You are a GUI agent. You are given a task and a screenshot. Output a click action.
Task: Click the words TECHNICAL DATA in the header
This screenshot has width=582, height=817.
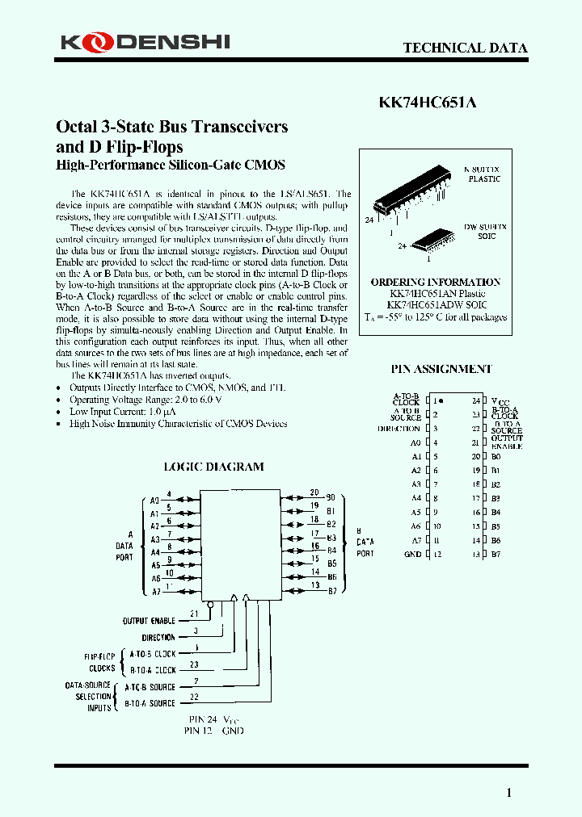[x=465, y=48]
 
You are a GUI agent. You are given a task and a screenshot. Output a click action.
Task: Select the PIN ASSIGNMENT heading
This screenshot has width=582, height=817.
[x=441, y=369]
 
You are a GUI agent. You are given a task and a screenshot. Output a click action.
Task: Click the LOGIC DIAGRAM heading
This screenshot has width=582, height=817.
[x=213, y=467]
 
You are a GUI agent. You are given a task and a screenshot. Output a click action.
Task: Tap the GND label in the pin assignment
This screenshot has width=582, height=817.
[x=412, y=554]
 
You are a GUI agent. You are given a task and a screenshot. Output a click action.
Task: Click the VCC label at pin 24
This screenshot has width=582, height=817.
[x=502, y=401]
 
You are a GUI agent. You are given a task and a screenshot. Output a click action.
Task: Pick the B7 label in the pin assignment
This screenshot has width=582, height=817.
[x=496, y=554]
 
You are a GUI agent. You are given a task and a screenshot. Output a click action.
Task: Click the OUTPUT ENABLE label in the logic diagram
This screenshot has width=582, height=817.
[x=149, y=621]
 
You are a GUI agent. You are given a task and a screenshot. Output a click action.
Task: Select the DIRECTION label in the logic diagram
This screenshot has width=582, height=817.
[x=158, y=638]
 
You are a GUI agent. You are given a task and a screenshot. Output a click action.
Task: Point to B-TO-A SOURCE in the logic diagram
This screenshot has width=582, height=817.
[x=150, y=703]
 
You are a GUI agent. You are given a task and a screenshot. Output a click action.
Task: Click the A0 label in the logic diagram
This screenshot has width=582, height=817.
[x=154, y=501]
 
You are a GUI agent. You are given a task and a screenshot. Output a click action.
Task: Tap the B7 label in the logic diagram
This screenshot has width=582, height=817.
[x=331, y=591]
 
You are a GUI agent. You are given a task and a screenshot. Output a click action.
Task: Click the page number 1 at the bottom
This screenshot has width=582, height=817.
[x=508, y=793]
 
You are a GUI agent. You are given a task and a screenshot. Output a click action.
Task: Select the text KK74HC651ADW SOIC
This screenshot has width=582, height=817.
[x=436, y=305]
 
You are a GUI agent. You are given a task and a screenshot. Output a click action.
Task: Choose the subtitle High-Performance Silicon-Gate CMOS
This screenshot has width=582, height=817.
[x=170, y=165]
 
